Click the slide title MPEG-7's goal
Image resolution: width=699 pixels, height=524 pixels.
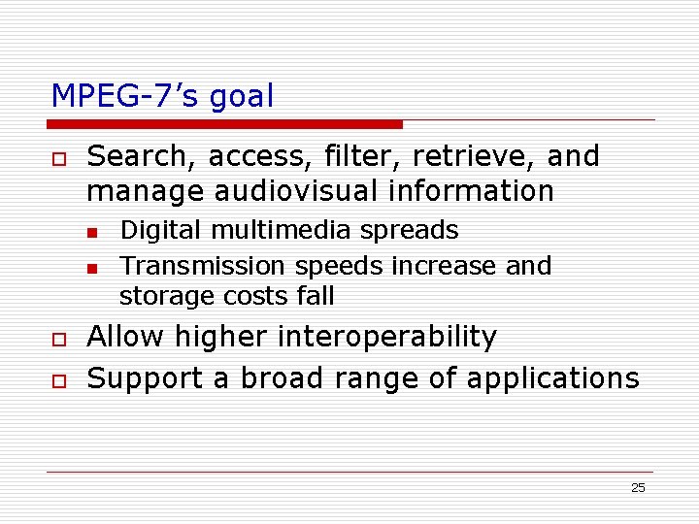click(162, 96)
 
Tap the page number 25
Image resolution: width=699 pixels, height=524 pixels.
click(638, 487)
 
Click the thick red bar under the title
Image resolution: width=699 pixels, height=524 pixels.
click(226, 124)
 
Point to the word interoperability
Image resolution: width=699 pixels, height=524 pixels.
click(387, 337)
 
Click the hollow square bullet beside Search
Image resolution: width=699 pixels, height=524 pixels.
click(59, 158)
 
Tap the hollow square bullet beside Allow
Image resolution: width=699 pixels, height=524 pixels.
click(59, 339)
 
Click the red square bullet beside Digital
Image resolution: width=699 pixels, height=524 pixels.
click(91, 233)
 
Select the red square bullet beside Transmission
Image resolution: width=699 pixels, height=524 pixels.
click(91, 268)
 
